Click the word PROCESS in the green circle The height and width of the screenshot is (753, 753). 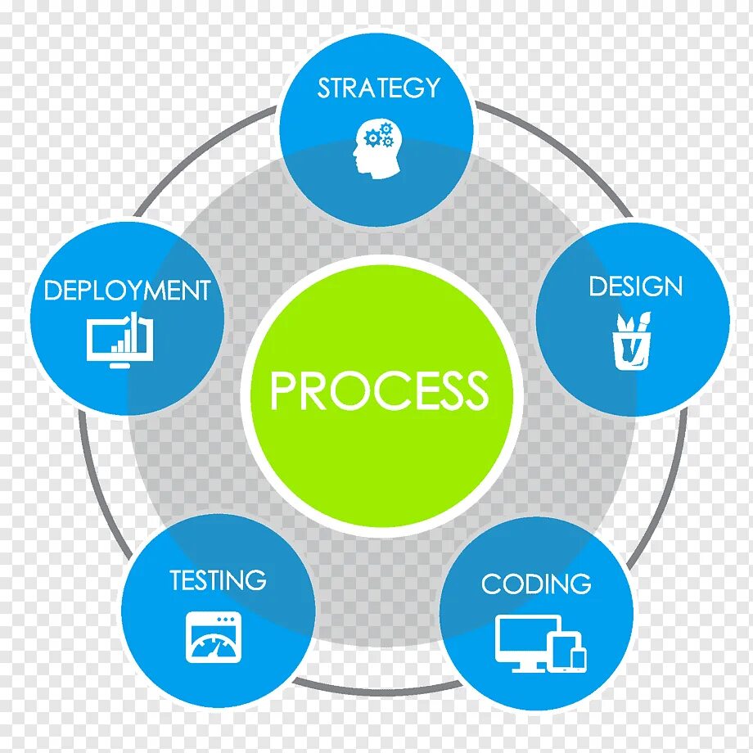pyautogui.click(x=379, y=390)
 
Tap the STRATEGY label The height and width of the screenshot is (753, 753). pyautogui.click(x=378, y=88)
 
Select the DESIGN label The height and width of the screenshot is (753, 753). pyautogui.click(x=635, y=286)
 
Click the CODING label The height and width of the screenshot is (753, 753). pyautogui.click(x=535, y=584)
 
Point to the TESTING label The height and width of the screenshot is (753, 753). pyautogui.click(x=218, y=580)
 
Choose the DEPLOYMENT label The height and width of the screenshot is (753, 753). pyautogui.click(x=127, y=291)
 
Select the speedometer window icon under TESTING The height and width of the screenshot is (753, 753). pyautogui.click(x=214, y=637)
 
